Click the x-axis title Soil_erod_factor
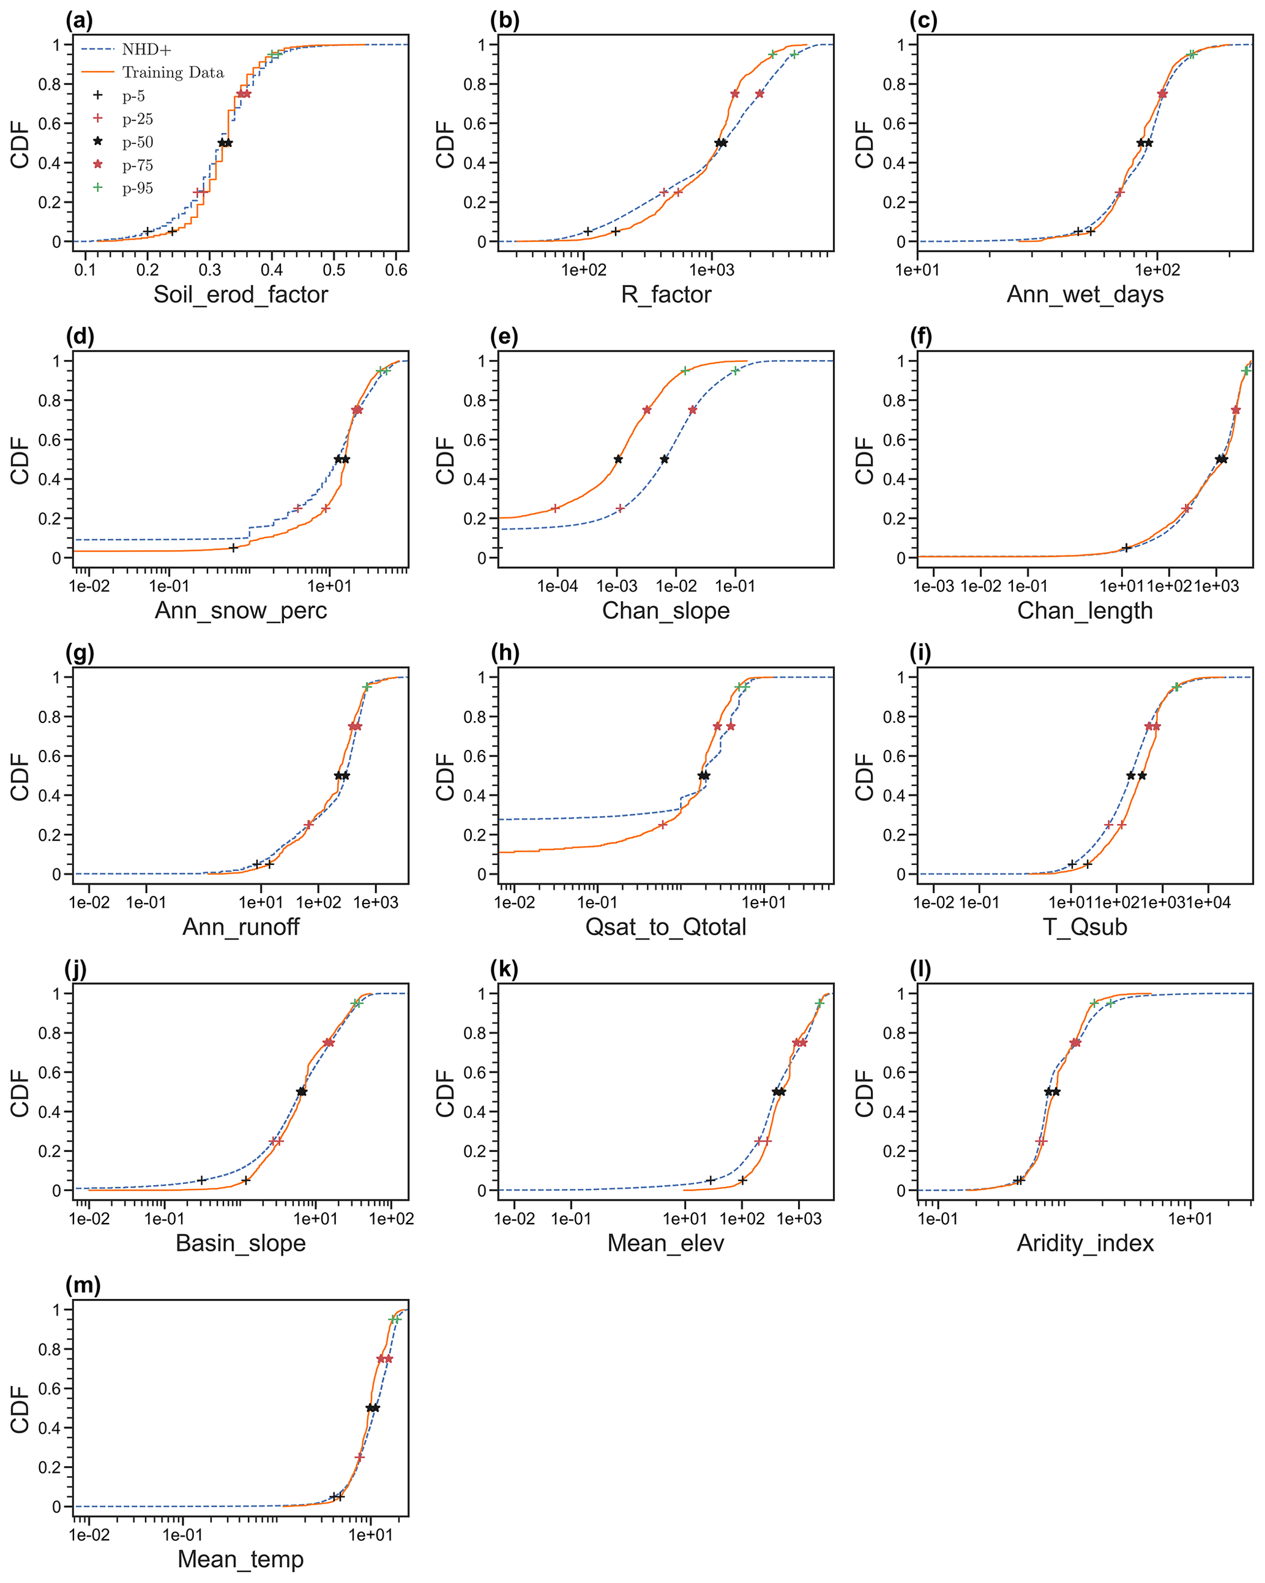point(240,294)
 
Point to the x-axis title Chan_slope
point(665,611)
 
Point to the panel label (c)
point(923,21)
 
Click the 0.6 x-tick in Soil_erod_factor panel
point(396,270)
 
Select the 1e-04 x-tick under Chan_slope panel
point(558,586)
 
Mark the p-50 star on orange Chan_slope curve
point(618,460)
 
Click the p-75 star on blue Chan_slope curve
point(692,410)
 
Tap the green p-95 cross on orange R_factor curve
point(772,54)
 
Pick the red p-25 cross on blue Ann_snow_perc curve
point(297,508)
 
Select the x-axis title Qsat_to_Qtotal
point(665,927)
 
